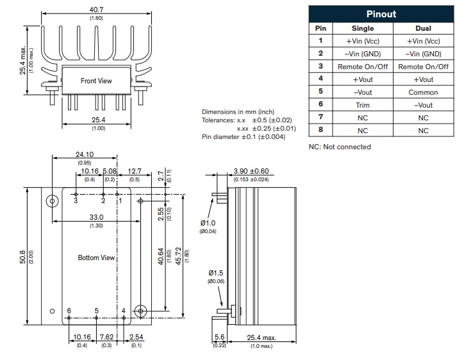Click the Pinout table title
tap(381, 14)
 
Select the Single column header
tap(363, 29)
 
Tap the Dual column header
tap(423, 29)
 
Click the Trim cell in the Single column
tap(363, 105)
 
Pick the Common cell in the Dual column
tap(423, 92)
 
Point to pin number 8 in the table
tap(320, 130)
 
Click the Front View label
tap(96, 81)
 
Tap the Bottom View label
tap(96, 258)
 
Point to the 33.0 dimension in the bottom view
tap(97, 218)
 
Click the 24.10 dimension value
tap(85, 154)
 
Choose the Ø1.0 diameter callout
tap(208, 223)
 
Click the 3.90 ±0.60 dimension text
tap(251, 172)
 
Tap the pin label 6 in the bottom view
tap(69, 311)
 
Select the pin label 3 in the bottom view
tap(76, 200)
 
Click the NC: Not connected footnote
tap(340, 147)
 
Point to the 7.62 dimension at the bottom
tap(106, 337)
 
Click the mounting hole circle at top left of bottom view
tap(52, 201)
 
